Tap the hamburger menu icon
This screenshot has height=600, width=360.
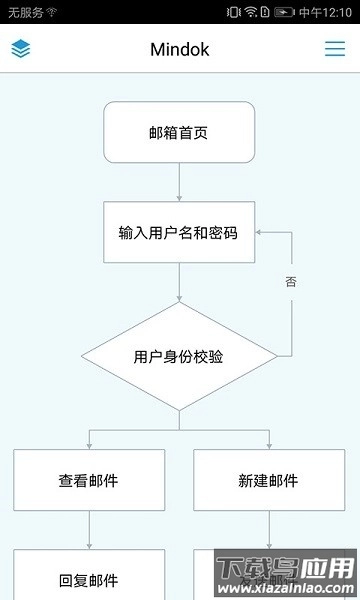tap(335, 48)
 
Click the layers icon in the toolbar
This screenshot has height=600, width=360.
tap(21, 48)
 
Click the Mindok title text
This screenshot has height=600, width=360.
tap(180, 49)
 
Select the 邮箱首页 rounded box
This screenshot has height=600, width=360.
tap(179, 132)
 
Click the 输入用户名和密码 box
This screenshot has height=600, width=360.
tap(179, 233)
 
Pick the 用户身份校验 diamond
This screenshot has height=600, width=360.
tap(179, 356)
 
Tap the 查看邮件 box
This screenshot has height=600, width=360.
tap(89, 480)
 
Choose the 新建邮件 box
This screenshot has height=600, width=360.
tap(269, 480)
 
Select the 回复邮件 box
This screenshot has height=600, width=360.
tap(89, 578)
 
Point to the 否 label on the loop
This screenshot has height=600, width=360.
tap(291, 282)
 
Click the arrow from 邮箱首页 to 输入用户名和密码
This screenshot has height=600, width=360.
tap(179, 182)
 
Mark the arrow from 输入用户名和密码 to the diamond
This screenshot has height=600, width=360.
tap(179, 283)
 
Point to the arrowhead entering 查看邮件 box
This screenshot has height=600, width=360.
tap(89, 444)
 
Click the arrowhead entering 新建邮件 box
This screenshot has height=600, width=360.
tap(269, 444)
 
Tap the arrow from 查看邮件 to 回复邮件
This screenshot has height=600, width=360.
tap(89, 530)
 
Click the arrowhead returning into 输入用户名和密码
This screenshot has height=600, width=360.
tap(260, 232)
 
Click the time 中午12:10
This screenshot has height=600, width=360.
tap(326, 12)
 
